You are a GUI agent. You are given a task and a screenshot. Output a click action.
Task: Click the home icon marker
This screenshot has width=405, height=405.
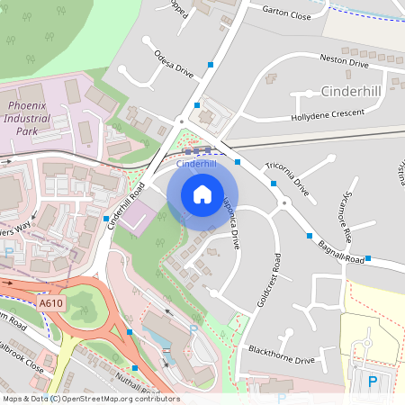pos(202,194)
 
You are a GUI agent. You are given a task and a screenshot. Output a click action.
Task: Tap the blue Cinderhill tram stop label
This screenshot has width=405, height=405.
pos(197,165)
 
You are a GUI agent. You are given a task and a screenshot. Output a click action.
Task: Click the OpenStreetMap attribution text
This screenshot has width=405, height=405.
pos(90,399)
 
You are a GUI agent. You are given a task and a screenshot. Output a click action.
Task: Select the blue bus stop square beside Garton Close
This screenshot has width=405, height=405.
pos(211,65)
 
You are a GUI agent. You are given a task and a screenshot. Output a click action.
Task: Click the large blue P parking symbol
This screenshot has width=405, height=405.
pos(373,382)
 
